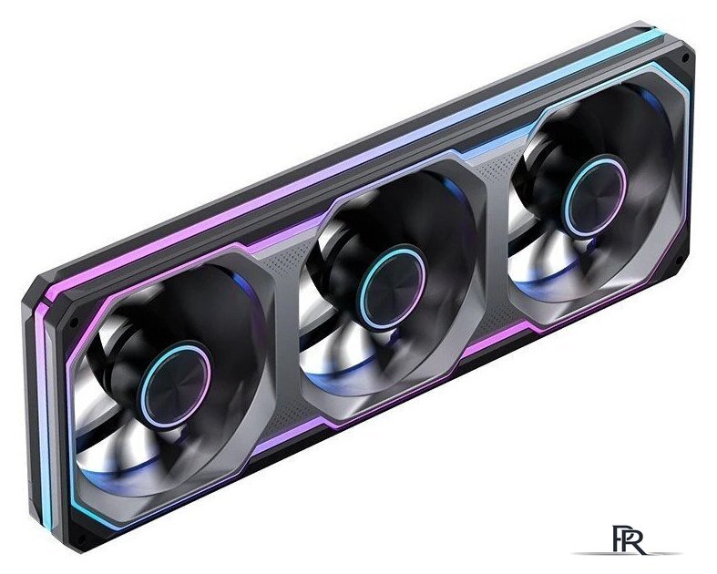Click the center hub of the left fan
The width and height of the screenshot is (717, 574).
tap(175, 384)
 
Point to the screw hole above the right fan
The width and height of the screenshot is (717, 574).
tap(684, 57)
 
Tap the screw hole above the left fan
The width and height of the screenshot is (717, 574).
tap(73, 323)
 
